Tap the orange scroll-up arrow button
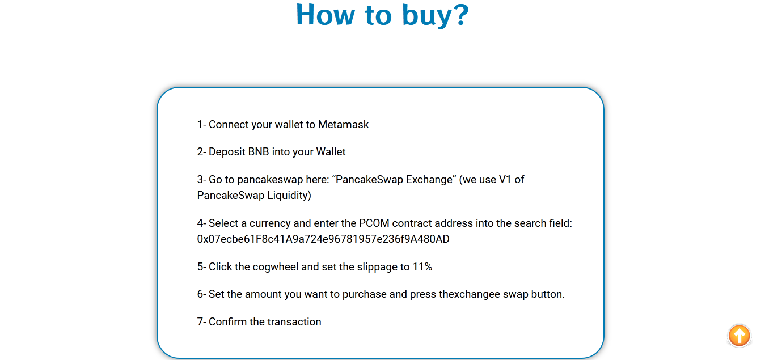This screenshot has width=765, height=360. click(x=739, y=336)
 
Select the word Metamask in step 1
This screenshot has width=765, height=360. click(x=343, y=125)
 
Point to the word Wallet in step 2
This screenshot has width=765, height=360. click(x=331, y=151)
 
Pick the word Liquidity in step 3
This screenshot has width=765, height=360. click(x=289, y=196)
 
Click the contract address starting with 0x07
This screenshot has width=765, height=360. click(x=323, y=239)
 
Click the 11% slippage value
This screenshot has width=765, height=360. click(x=422, y=267)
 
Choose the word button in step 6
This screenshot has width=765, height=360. click(x=548, y=294)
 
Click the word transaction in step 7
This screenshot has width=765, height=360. click(x=294, y=322)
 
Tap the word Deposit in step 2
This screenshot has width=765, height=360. click(x=227, y=152)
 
